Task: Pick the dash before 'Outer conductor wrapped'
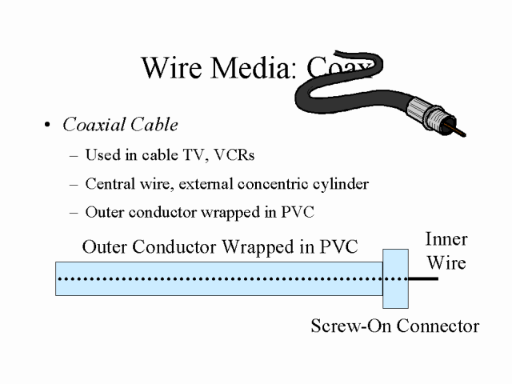[75, 213]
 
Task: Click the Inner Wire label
[446, 250]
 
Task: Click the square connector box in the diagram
[396, 278]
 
